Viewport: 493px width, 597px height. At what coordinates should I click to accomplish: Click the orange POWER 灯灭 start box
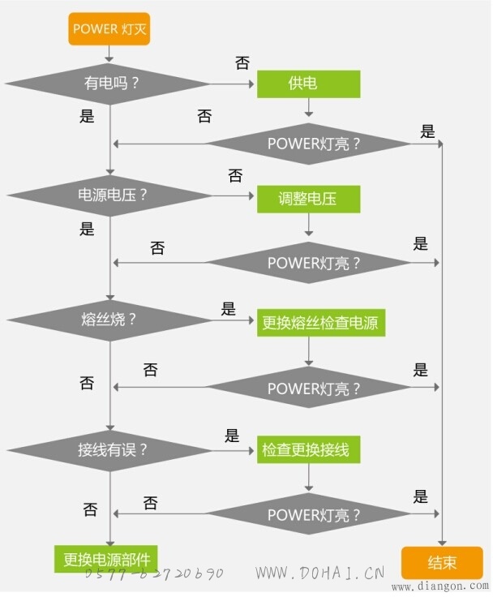109,29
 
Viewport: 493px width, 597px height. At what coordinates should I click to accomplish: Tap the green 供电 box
308,84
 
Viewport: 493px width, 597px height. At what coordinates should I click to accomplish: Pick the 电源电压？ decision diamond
109,195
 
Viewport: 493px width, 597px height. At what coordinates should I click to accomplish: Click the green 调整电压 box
308,199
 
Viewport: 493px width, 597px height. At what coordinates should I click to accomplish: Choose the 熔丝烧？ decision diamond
109,320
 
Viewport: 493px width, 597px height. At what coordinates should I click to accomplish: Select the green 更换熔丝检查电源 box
321,323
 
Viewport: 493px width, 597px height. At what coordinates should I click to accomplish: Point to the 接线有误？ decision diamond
109,450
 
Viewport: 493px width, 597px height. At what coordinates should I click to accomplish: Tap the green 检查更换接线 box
308,449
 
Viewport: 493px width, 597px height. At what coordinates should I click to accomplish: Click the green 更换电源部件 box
106,559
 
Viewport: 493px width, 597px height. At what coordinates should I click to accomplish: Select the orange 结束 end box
442,563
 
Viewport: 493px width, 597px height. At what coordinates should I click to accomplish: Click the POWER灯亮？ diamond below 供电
309,144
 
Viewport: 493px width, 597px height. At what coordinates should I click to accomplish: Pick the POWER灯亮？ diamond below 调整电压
309,263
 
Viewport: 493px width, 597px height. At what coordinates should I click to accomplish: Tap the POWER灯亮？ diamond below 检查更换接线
309,514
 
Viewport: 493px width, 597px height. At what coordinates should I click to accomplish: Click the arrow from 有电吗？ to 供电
232,84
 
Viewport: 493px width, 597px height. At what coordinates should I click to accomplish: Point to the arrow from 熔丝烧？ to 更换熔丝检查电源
233,320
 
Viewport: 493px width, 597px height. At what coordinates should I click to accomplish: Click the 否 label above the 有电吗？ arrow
242,63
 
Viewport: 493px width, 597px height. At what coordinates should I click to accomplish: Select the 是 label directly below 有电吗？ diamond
87,116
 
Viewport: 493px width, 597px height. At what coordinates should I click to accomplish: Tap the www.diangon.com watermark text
439,586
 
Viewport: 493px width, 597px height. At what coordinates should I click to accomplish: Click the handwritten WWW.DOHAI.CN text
319,573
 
